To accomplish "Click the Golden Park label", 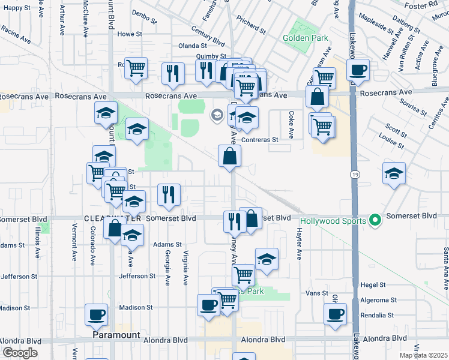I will (x=306, y=38).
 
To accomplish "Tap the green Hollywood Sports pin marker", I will (x=376, y=221).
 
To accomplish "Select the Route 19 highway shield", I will (x=355, y=173).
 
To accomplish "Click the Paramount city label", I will (x=116, y=335).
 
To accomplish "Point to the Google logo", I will (x=20, y=353).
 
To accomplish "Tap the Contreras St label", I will (x=260, y=140).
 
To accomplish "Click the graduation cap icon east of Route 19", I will (x=394, y=173).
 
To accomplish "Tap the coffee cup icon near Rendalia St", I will (x=335, y=313).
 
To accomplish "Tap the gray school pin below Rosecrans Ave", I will (x=216, y=114).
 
